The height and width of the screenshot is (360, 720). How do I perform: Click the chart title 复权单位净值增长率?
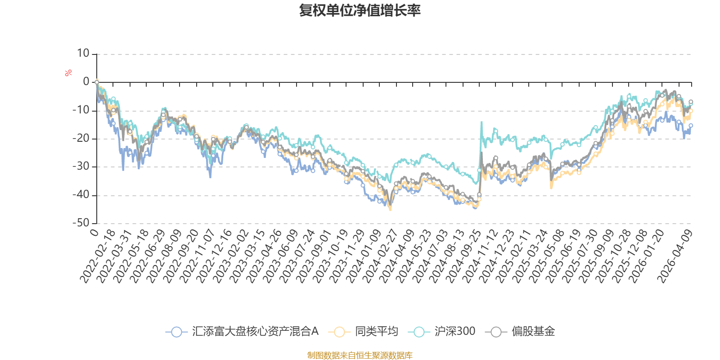[x=360, y=10]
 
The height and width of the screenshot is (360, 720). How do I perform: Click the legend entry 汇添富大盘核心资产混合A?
[x=255, y=332]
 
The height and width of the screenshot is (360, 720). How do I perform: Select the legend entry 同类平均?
[x=376, y=332]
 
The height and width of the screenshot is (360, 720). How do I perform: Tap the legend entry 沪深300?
[x=454, y=332]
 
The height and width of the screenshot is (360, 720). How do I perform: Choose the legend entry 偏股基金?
[x=533, y=332]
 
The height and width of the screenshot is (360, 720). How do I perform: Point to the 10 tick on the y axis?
[x=83, y=54]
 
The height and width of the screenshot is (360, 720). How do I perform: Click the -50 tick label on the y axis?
[x=81, y=223]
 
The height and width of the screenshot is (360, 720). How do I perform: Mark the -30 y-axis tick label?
[x=81, y=166]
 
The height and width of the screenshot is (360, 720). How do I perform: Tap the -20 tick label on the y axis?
[x=81, y=138]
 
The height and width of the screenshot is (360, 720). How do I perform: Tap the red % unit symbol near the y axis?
[x=68, y=73]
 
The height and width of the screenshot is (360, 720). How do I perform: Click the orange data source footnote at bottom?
[x=360, y=355]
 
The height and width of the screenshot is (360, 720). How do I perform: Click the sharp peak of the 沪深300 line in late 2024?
[x=481, y=121]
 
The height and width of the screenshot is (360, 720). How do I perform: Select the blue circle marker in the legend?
[x=177, y=332]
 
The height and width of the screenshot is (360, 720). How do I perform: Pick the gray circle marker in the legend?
[x=496, y=332]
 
